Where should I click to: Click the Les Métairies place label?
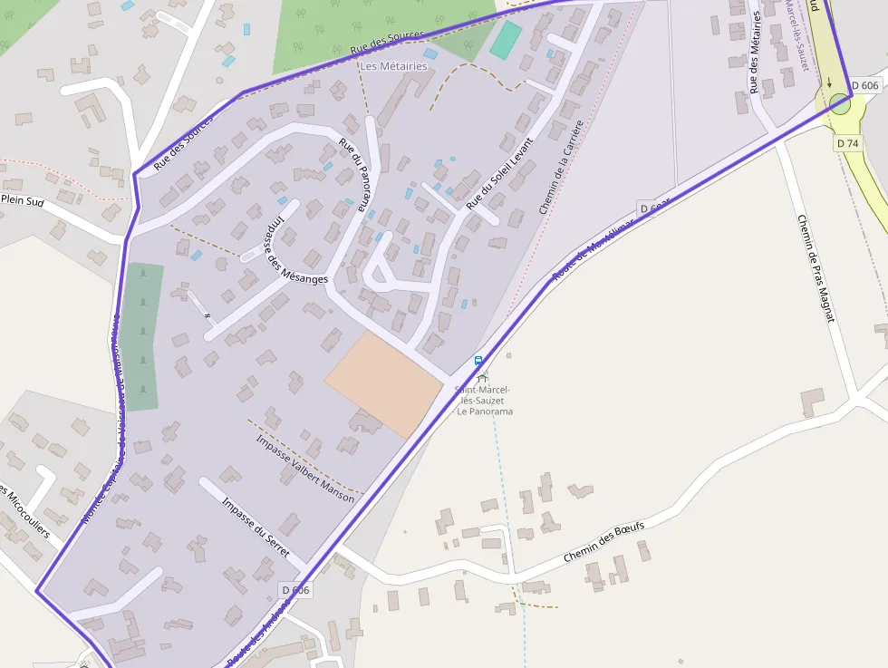coord(393,66)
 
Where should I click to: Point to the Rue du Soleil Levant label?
coord(500,173)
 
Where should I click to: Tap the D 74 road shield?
coord(847,143)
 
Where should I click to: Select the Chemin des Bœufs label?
coord(603,541)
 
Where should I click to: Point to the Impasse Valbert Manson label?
coord(304,469)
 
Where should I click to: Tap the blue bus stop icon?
coord(478,362)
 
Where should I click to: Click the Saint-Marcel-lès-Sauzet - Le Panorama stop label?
coord(484,400)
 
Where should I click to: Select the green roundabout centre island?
coord(840,104)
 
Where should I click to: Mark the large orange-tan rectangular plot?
coord(384,383)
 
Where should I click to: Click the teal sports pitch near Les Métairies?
coord(506,40)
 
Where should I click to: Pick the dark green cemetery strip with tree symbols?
coord(142,335)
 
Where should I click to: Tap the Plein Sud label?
coord(24,199)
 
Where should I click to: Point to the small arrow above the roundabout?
coord(828,82)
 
